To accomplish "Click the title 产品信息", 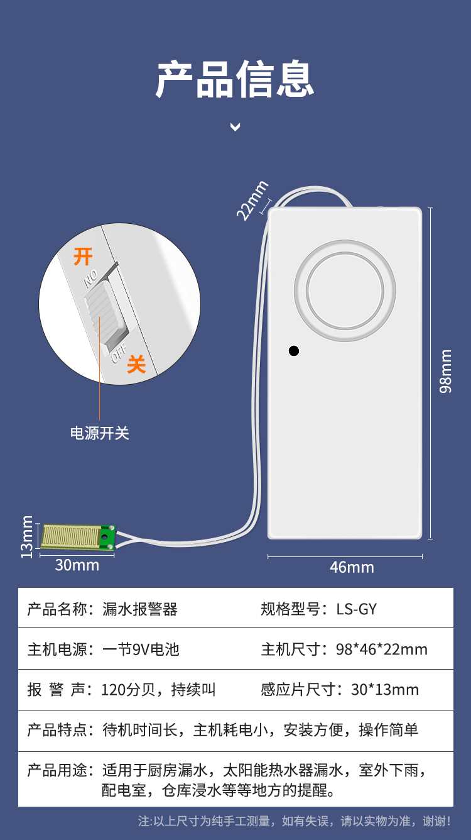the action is coord(235,79).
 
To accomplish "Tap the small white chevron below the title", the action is coord(235,127).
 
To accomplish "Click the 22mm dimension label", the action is coord(252,201).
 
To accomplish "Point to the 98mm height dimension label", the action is coord(445,371).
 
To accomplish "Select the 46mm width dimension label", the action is coord(352,567).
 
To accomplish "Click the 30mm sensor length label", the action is coord(77,565).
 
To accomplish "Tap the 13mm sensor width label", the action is coord(26,537).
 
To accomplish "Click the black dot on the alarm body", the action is coord(294,351).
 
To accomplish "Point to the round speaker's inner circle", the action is coord(345,291).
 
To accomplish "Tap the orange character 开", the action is coord(83,257).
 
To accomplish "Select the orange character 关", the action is coord(136,364).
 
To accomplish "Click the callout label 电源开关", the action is coord(100,433).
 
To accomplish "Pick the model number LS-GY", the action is coord(356,609).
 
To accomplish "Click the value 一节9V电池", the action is coord(141,649).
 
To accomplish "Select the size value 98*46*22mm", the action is coord(381,649).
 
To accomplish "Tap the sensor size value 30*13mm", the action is coord(385,689).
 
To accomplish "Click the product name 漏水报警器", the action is coord(140,609).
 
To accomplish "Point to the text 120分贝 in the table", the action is coord(128,689).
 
